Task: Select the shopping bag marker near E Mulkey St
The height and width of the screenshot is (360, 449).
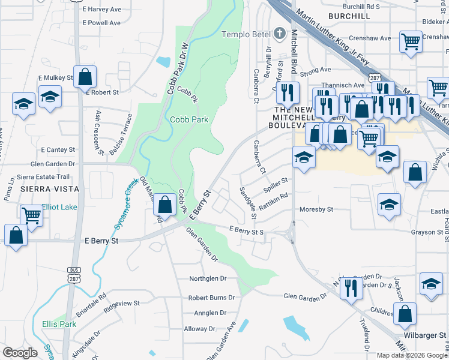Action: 85,77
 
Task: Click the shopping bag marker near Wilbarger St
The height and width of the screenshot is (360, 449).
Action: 405,313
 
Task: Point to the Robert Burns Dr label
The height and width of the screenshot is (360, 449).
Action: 207,298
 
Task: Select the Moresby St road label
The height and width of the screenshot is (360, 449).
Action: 316,210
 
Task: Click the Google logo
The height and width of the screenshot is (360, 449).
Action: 20,353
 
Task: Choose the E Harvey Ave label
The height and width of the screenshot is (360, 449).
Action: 101,9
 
